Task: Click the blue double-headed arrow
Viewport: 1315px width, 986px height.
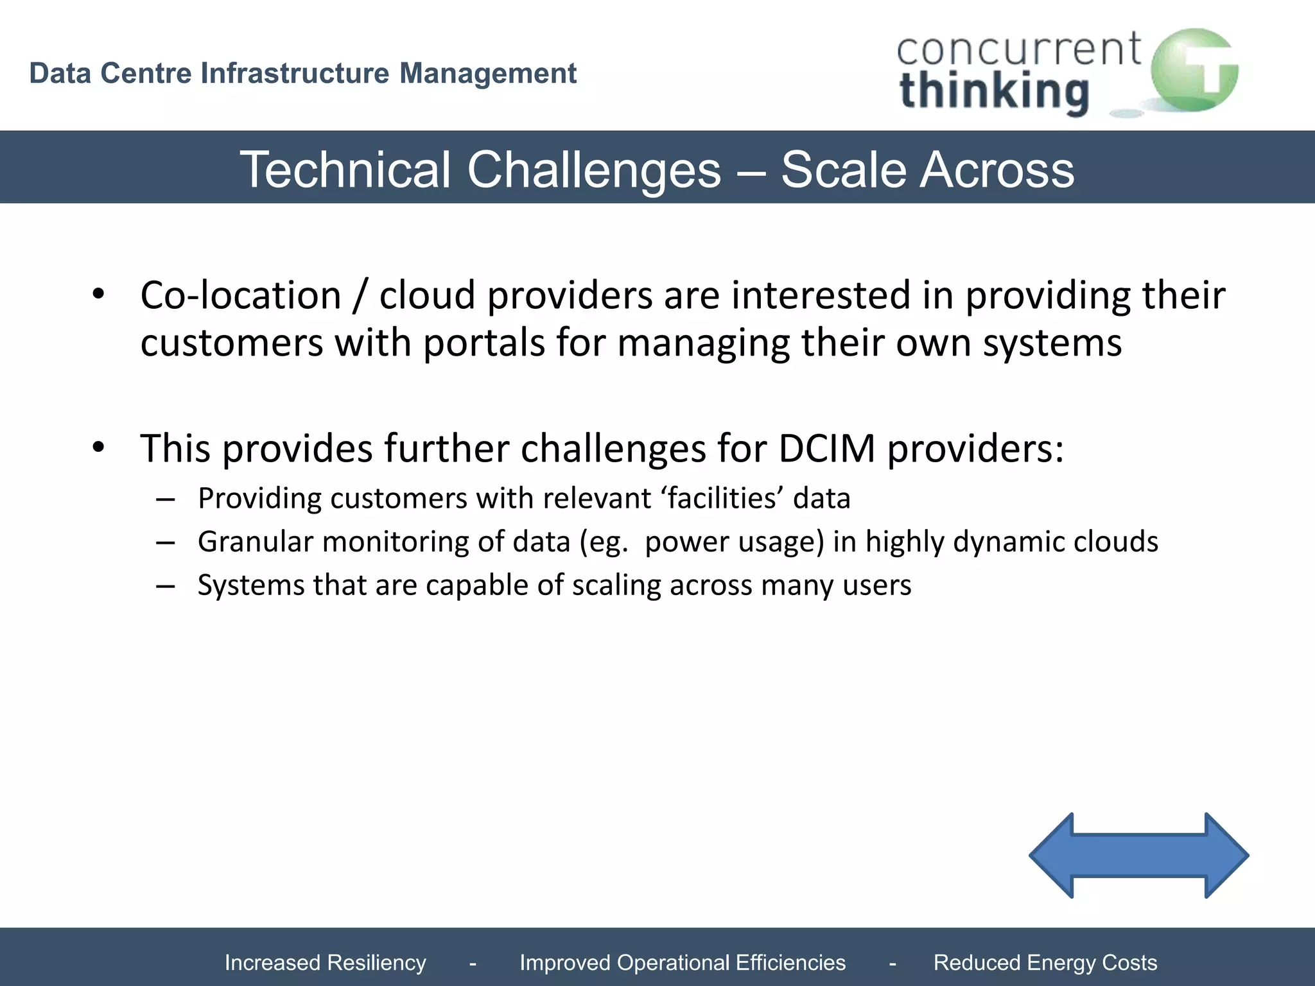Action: click(x=1138, y=855)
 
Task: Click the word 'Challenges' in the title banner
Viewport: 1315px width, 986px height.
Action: click(x=594, y=169)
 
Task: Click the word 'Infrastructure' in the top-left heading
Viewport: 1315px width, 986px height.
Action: click(x=295, y=73)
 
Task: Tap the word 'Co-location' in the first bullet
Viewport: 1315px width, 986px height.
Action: click(x=241, y=296)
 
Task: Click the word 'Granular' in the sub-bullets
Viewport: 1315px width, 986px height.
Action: click(x=255, y=542)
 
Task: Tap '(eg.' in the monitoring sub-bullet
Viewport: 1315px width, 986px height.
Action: click(x=603, y=542)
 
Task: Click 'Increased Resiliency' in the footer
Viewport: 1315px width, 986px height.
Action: click(x=325, y=962)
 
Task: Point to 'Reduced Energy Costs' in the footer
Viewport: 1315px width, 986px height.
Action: click(x=1045, y=962)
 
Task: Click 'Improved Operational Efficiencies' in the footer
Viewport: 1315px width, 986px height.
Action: click(x=682, y=962)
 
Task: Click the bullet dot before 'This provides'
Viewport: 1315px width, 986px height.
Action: click(x=98, y=447)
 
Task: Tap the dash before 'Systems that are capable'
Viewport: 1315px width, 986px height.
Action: click(x=165, y=585)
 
